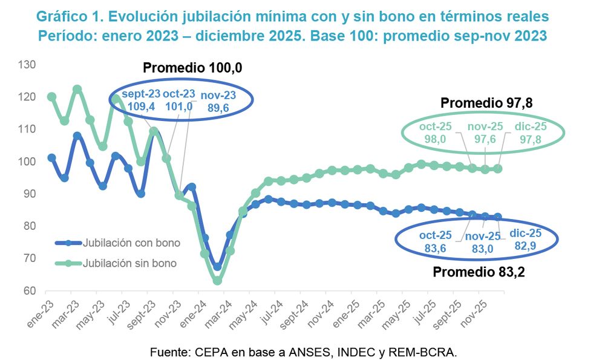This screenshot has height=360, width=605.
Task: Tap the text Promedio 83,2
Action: (x=478, y=272)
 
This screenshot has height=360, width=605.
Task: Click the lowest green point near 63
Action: (x=217, y=280)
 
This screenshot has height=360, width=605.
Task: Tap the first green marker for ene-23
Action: (x=51, y=97)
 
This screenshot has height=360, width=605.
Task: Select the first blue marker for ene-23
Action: (x=51, y=157)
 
